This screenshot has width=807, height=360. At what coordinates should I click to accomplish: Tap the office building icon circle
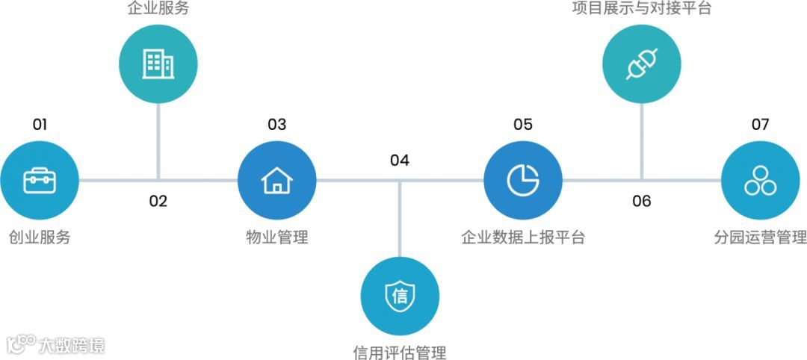coord(158,63)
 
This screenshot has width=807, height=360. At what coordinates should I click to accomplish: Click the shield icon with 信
coord(400,297)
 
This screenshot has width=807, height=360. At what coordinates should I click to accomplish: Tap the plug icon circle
coord(641,63)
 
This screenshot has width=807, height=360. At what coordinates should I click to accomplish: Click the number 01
coord(40,125)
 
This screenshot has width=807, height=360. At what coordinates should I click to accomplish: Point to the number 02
coord(158,201)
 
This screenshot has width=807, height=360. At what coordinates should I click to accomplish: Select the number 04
coord(400,161)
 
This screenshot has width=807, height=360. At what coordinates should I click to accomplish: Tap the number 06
coord(641,201)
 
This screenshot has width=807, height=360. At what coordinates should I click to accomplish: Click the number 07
coord(760,125)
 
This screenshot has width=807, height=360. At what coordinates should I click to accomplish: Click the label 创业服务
coord(40,238)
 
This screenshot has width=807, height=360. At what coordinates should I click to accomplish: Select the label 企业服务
coord(158,10)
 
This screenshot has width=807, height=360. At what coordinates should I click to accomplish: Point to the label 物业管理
coord(276,238)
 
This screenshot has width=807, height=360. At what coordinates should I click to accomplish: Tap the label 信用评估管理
coord(400,352)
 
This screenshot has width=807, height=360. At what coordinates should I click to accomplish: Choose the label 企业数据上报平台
coord(522,238)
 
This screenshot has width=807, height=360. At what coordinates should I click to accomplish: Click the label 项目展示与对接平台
coord(641,10)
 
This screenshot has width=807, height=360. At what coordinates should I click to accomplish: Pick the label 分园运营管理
coord(760,238)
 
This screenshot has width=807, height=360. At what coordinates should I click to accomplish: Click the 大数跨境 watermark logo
coord(56,345)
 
